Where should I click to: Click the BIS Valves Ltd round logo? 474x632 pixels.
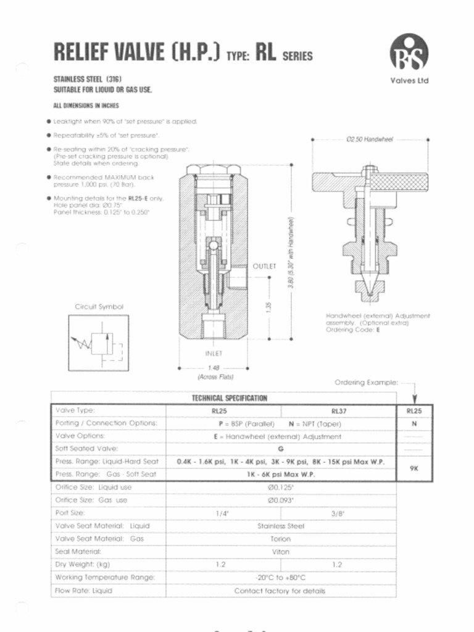pyautogui.click(x=409, y=52)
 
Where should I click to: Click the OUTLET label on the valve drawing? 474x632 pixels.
pyautogui.click(x=264, y=266)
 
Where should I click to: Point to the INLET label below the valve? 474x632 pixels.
pyautogui.click(x=213, y=354)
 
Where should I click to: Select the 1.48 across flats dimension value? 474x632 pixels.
pyautogui.click(x=214, y=367)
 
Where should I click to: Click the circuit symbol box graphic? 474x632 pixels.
pyautogui.click(x=96, y=344)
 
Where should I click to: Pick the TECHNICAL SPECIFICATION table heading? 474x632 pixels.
pyautogui.click(x=229, y=398)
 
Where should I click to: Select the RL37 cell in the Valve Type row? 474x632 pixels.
pyautogui.click(x=338, y=410)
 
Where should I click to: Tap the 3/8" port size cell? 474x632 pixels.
pyautogui.click(x=337, y=513)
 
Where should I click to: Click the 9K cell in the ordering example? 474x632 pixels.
pyautogui.click(x=414, y=468)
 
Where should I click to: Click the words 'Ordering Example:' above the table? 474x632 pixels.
pyautogui.click(x=366, y=383)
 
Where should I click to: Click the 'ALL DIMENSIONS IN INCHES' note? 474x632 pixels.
pyautogui.click(x=86, y=106)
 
